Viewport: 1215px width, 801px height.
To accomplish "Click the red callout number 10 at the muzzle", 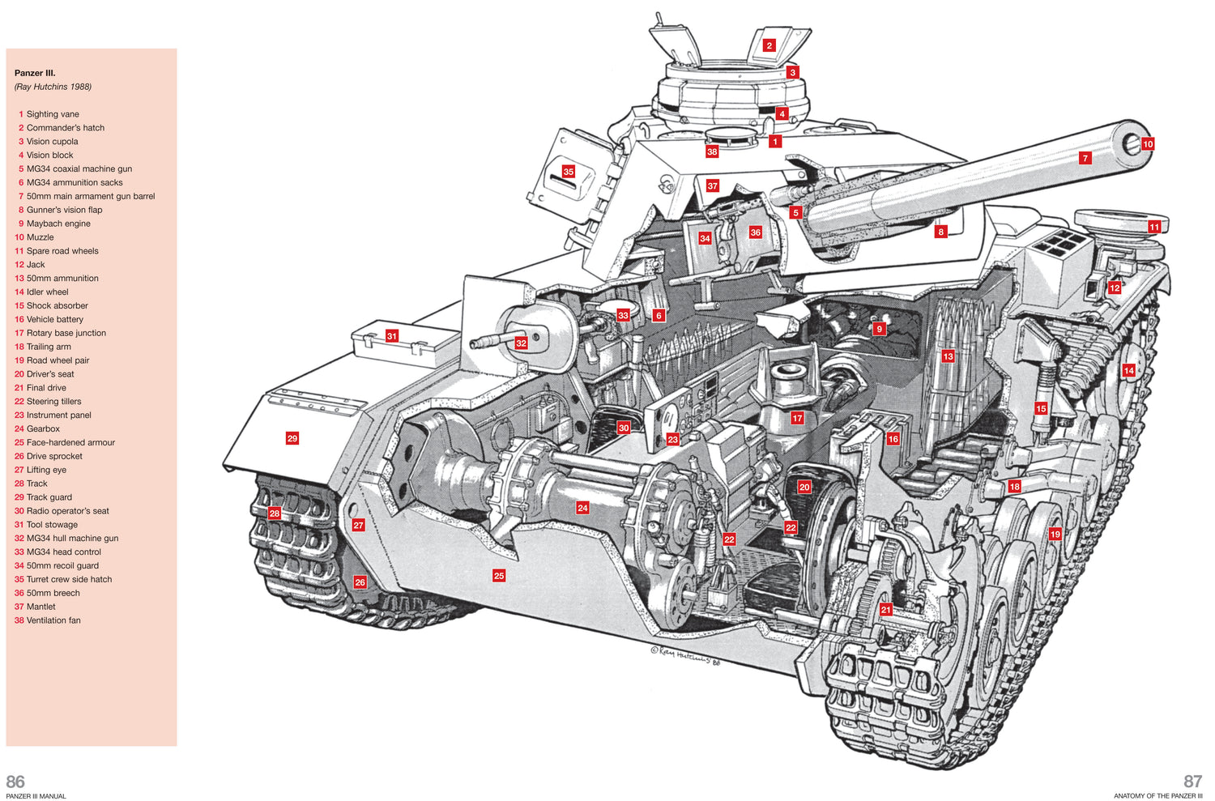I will [x=1147, y=144].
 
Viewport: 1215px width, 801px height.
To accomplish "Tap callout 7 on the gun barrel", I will [x=1085, y=158].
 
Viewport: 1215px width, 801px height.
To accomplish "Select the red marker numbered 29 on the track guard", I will [x=292, y=438].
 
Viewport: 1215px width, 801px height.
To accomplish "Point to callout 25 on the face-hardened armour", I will [x=499, y=576].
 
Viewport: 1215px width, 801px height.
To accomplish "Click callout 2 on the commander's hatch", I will [x=769, y=46].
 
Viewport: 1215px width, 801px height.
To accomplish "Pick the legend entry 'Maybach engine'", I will [x=58, y=224].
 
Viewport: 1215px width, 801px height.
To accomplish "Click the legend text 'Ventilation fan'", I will [x=53, y=620].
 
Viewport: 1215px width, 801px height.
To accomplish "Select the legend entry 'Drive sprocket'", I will [x=54, y=456].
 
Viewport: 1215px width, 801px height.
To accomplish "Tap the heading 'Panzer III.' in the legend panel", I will [x=35, y=73].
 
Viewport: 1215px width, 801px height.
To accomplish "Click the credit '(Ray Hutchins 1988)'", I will [x=53, y=87].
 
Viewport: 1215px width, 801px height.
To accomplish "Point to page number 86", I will [x=15, y=782].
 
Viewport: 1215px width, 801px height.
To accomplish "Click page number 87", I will [x=1192, y=782].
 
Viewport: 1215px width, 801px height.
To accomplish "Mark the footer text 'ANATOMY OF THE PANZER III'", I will [x=1157, y=796].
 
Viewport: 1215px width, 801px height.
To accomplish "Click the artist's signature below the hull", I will [x=685, y=655].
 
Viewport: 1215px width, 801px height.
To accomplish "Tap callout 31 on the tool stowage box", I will [x=392, y=336].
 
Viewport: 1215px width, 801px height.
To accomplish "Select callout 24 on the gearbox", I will [x=582, y=508].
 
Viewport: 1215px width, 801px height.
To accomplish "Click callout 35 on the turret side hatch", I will [x=568, y=172].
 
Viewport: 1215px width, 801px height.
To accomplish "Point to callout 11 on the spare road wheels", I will [x=1153, y=228].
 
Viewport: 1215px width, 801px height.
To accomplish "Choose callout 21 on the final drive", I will [x=885, y=610].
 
